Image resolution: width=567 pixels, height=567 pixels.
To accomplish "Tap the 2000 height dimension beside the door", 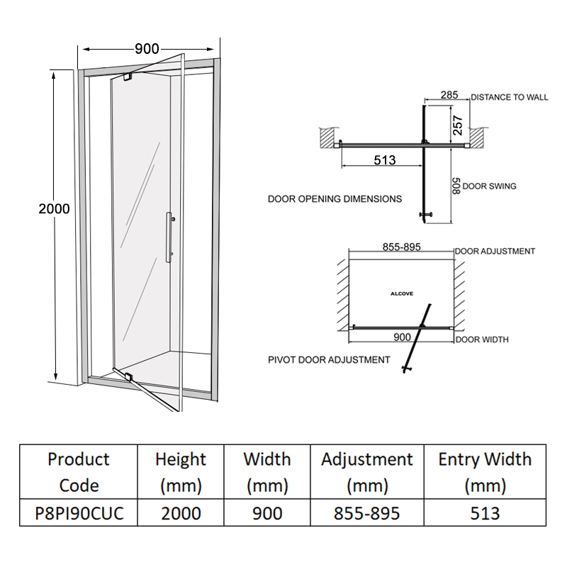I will point(54,208).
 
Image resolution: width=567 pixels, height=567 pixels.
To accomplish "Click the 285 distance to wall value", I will point(449,95).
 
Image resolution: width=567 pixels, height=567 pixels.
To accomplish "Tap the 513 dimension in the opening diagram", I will point(383,160).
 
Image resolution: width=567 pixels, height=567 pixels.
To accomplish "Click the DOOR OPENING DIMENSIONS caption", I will point(335,199).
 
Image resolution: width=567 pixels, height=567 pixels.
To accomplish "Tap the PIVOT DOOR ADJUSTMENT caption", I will point(329,360).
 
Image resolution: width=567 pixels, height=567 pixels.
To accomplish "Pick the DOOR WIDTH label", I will point(482,340).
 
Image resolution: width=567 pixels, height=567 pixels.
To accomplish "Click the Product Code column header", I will point(78,472).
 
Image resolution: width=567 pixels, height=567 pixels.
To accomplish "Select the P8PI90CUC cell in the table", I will point(78,513).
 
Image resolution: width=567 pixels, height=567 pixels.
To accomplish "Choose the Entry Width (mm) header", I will point(485,472).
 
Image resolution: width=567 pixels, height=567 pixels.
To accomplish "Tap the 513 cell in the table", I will point(485,513).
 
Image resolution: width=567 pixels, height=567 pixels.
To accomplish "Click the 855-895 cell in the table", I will point(366,513).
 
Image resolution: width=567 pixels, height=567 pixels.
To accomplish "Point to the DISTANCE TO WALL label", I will point(509,97).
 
